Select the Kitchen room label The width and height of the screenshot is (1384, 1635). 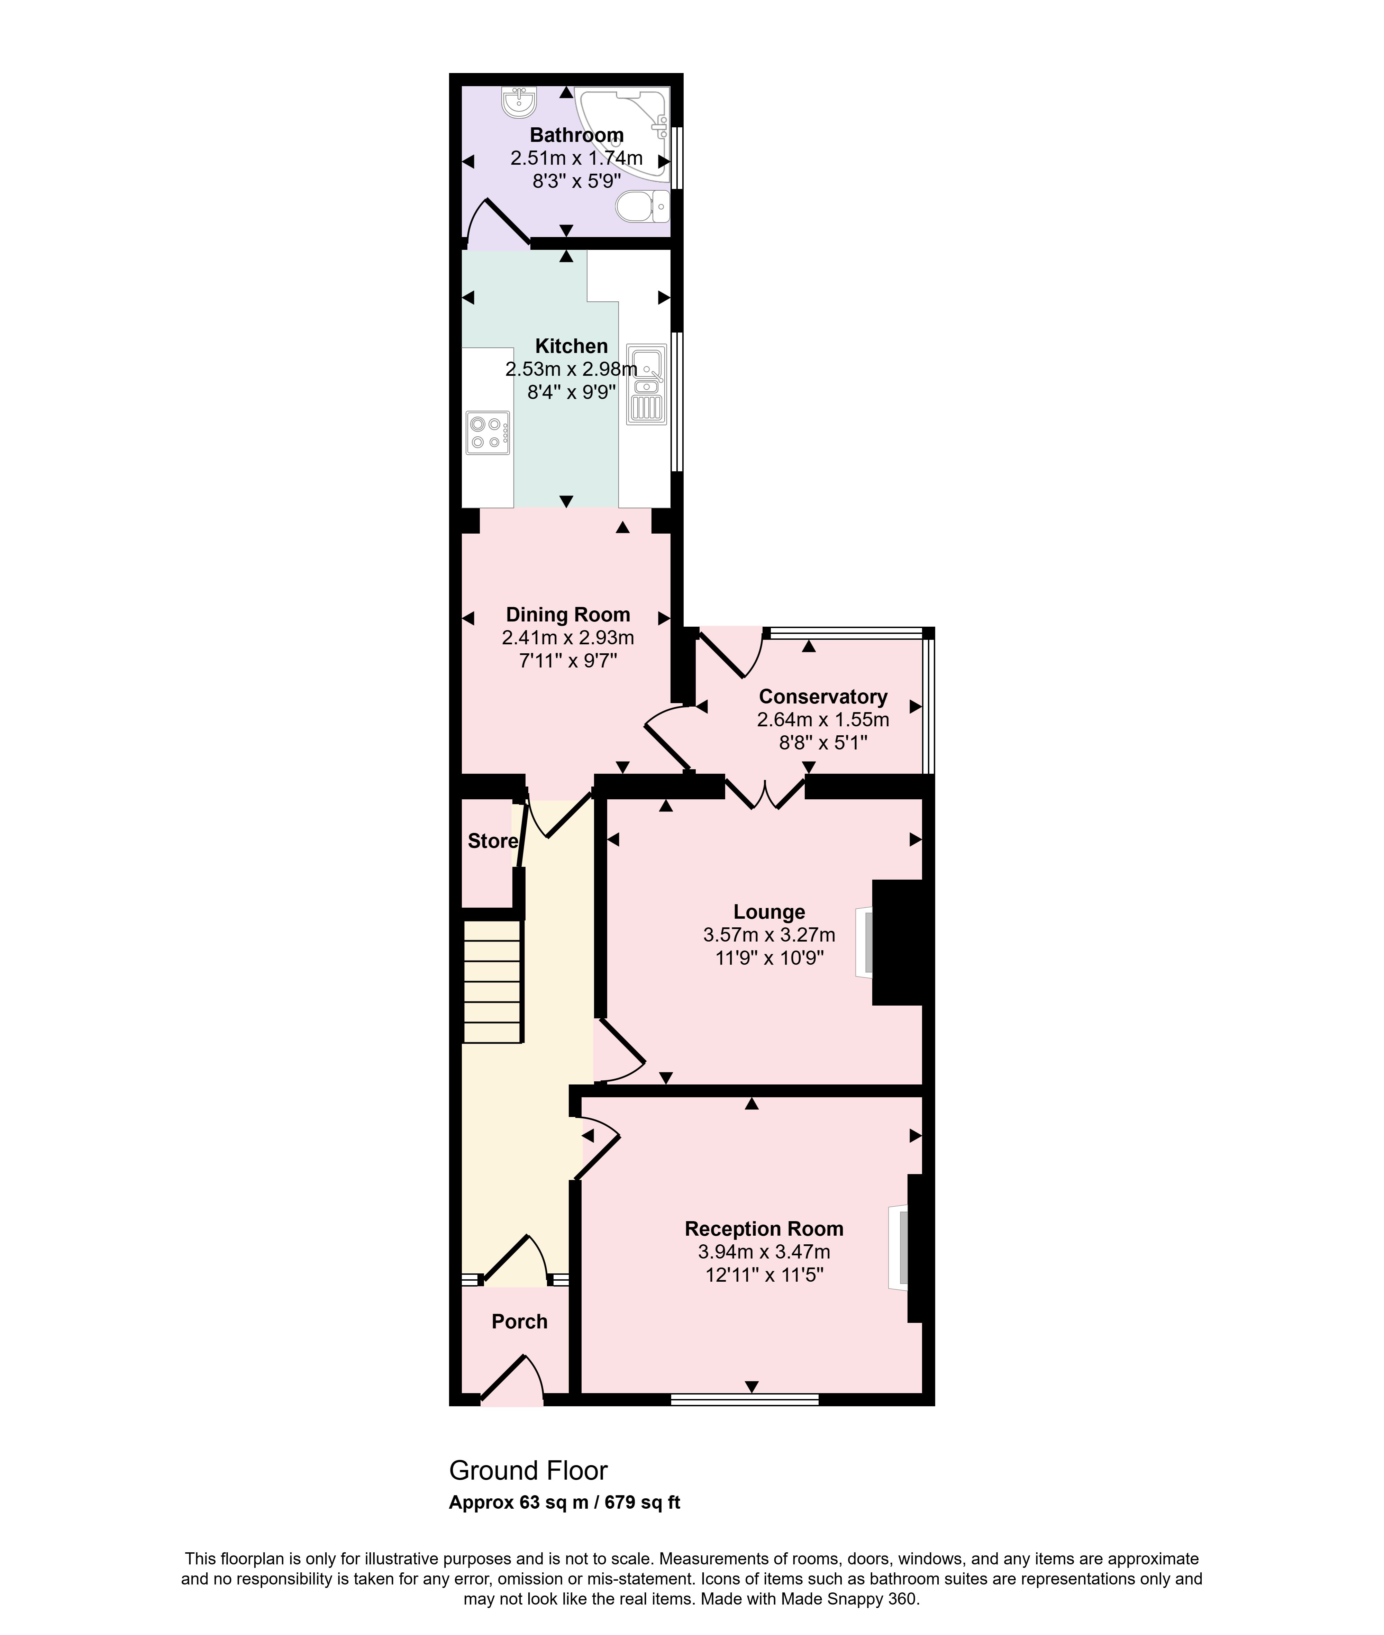pos(571,346)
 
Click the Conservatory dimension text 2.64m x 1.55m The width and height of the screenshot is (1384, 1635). pos(823,719)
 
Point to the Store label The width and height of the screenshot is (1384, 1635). pos(493,841)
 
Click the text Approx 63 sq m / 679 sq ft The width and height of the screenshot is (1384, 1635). pos(564,1502)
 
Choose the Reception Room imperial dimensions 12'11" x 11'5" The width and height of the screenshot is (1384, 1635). pos(764,1275)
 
